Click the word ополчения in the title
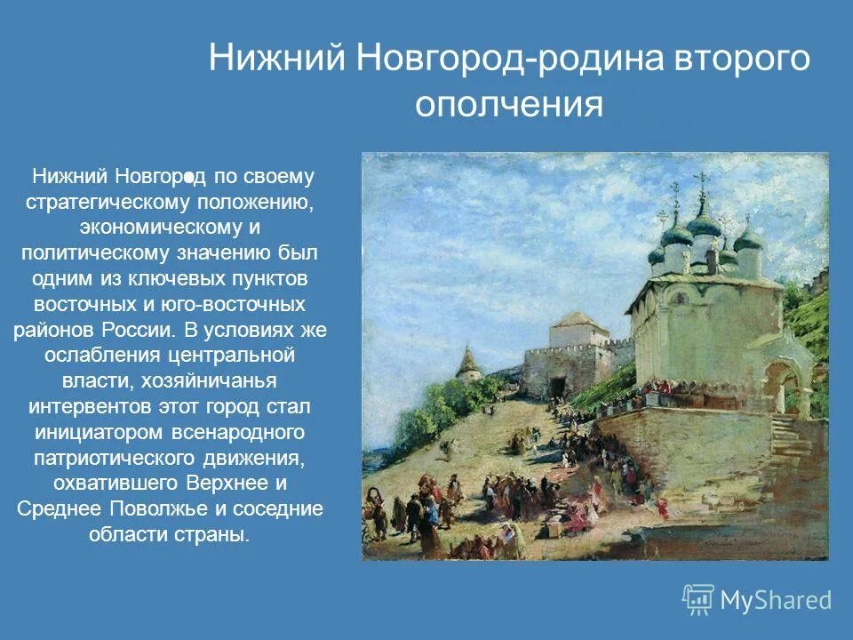509,105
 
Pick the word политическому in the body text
100,253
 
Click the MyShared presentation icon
698,600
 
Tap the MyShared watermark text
776,601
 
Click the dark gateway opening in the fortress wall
557,386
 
